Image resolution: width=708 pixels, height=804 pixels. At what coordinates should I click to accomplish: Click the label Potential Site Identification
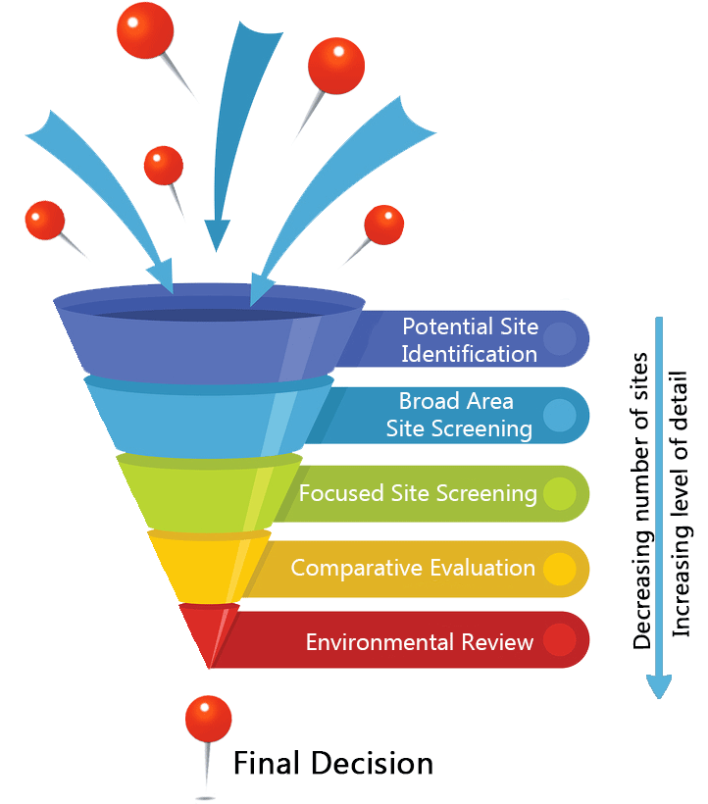pyautogui.click(x=470, y=339)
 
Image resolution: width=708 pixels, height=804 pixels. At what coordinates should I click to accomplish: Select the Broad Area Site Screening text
pyautogui.click(x=459, y=415)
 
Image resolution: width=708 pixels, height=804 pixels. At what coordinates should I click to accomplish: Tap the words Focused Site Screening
pyautogui.click(x=418, y=492)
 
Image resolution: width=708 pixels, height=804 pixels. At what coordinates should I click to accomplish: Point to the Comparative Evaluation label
pyautogui.click(x=413, y=568)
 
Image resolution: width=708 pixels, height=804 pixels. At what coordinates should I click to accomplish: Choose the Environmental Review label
pyautogui.click(x=420, y=642)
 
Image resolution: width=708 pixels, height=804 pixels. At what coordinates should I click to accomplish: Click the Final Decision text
pyautogui.click(x=332, y=762)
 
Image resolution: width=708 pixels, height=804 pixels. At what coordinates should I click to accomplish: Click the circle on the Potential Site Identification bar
pyautogui.click(x=559, y=338)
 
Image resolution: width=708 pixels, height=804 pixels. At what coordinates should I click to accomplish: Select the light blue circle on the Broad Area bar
pyautogui.click(x=559, y=415)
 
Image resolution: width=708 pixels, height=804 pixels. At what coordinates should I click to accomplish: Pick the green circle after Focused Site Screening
pyautogui.click(x=559, y=492)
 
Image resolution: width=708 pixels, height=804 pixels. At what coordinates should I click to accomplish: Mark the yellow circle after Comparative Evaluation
pyautogui.click(x=559, y=569)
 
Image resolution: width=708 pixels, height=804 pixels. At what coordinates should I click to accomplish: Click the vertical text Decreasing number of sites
pyautogui.click(x=642, y=500)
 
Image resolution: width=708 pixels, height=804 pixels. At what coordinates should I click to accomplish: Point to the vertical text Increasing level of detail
pyautogui.click(x=683, y=504)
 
